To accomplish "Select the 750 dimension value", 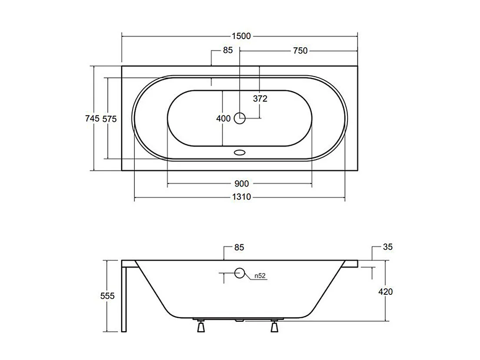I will tap(300, 51).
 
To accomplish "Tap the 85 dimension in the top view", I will tap(228, 50).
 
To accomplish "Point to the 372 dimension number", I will tap(260, 99).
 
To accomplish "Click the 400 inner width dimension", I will tap(223, 119).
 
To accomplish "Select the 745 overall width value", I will tap(93, 118).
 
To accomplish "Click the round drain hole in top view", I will tap(240, 117).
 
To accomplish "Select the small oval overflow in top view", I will tap(240, 153).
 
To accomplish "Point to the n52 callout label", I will tap(260, 275).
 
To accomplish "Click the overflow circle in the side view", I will tap(239, 273).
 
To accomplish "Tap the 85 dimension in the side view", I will tap(239, 247).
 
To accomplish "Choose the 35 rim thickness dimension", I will tap(388, 247).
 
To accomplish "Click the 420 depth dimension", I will tap(385, 292).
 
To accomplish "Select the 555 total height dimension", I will tap(107, 296).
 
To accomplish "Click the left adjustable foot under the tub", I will tap(201, 326).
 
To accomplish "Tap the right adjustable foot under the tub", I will tap(274, 326).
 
